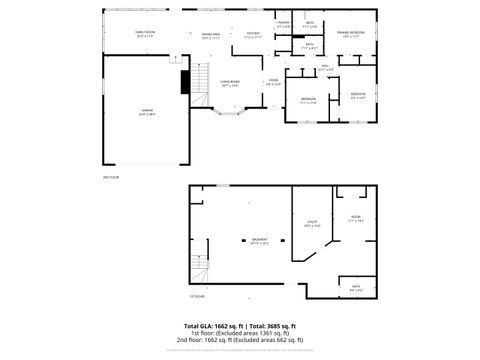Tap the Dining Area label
click(x=210, y=34)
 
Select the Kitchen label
click(x=253, y=34)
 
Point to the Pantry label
click(x=284, y=23)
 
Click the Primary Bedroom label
click(x=350, y=34)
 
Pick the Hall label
click(x=324, y=67)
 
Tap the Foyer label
click(x=273, y=82)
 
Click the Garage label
click(x=146, y=113)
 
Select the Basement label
click(x=259, y=240)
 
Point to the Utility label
click(x=311, y=224)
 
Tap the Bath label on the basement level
click(x=355, y=288)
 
